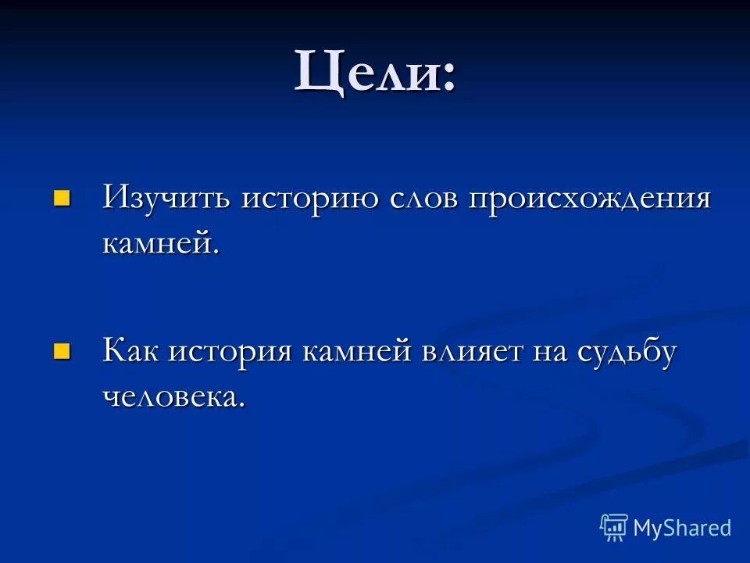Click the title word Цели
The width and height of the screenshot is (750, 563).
point(363,71)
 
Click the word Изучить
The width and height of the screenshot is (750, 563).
point(166,198)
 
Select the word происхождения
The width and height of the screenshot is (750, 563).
point(590,199)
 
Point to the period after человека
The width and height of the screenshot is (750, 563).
point(241,405)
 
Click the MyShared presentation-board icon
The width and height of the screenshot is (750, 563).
point(614,528)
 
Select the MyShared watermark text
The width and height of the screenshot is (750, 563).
point(682,528)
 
